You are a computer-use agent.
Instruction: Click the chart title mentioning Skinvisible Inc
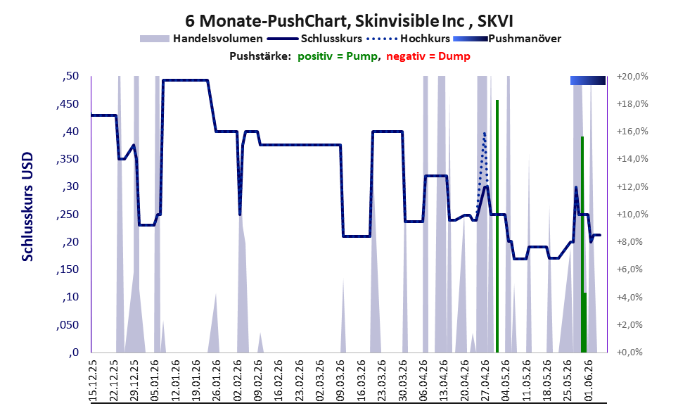(x=349, y=20)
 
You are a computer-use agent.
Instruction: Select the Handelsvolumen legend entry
(x=201, y=39)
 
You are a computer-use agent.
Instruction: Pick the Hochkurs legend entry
(x=408, y=39)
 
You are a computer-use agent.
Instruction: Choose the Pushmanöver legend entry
(x=507, y=39)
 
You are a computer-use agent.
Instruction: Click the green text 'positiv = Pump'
(x=338, y=56)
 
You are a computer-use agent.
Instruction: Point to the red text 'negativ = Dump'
(x=428, y=56)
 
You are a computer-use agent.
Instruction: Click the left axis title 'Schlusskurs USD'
(x=27, y=207)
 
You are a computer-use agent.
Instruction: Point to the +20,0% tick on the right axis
(x=632, y=77)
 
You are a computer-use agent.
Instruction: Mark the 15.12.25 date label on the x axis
(x=94, y=381)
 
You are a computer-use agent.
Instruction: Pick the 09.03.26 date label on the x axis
(x=341, y=381)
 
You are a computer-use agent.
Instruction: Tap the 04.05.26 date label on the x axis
(x=506, y=381)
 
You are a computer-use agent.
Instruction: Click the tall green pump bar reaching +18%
(x=497, y=227)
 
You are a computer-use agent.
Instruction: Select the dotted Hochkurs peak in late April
(x=485, y=134)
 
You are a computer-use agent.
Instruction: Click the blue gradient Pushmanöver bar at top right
(x=588, y=80)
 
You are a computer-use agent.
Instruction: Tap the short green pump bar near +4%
(x=585, y=322)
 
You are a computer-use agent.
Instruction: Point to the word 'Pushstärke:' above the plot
(x=260, y=56)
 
